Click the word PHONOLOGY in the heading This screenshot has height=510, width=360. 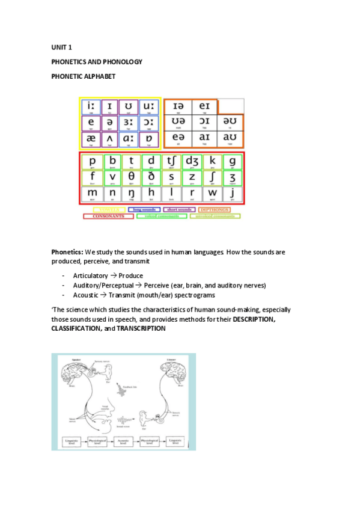pyautogui.click(x=123, y=61)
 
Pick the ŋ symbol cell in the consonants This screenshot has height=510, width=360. pyautogui.click(x=131, y=195)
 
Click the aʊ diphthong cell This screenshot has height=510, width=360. pyautogui.click(x=230, y=140)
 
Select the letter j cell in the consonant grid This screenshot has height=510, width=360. pyautogui.click(x=231, y=195)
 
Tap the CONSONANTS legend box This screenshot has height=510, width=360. pyautogui.click(x=108, y=216)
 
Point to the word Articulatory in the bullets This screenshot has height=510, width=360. pyautogui.click(x=91, y=275)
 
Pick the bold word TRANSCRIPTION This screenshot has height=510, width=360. pyautogui.click(x=141, y=329)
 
